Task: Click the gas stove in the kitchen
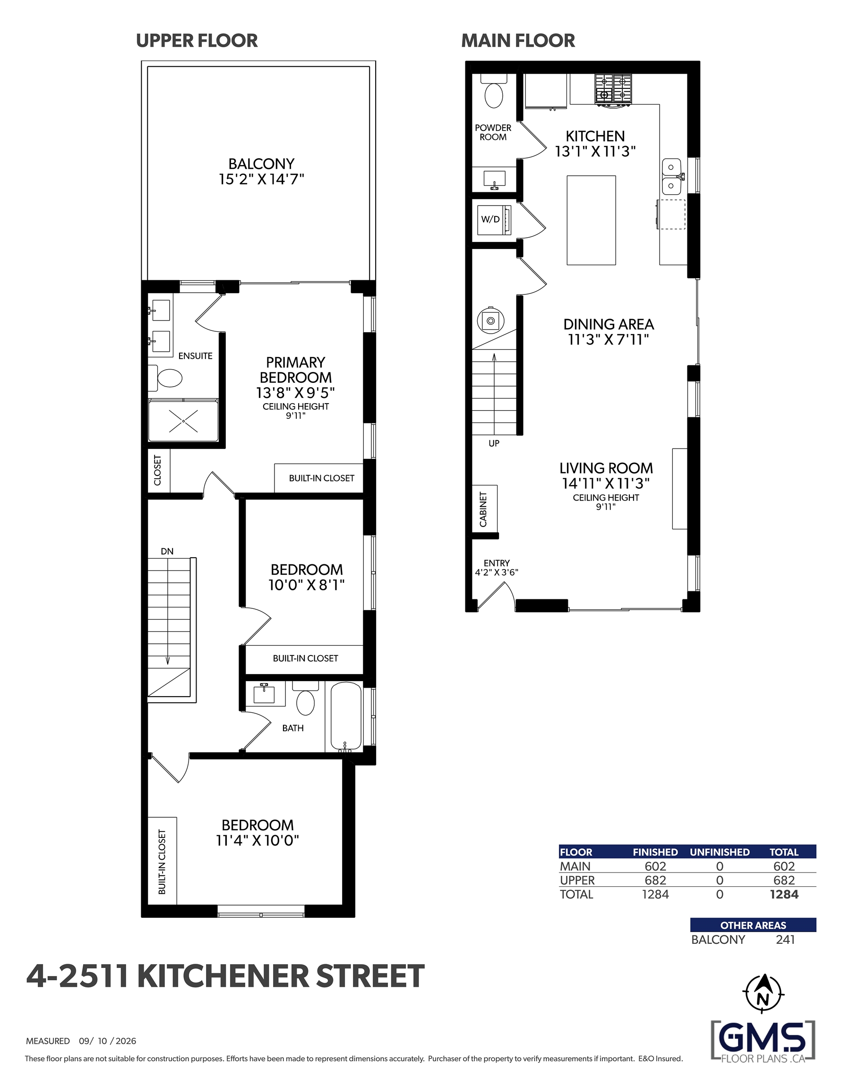tap(613, 90)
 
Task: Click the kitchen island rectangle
tap(591, 220)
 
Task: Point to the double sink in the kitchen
tap(672, 176)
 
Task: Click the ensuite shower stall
tap(183, 420)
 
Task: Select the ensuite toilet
tap(165, 378)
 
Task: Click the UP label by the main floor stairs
tap(494, 443)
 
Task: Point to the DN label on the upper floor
tap(167, 552)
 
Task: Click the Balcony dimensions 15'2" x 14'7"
tap(261, 179)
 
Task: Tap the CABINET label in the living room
tap(483, 509)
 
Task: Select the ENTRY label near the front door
tap(497, 563)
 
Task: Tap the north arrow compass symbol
tap(763, 994)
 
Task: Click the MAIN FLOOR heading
tap(518, 40)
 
